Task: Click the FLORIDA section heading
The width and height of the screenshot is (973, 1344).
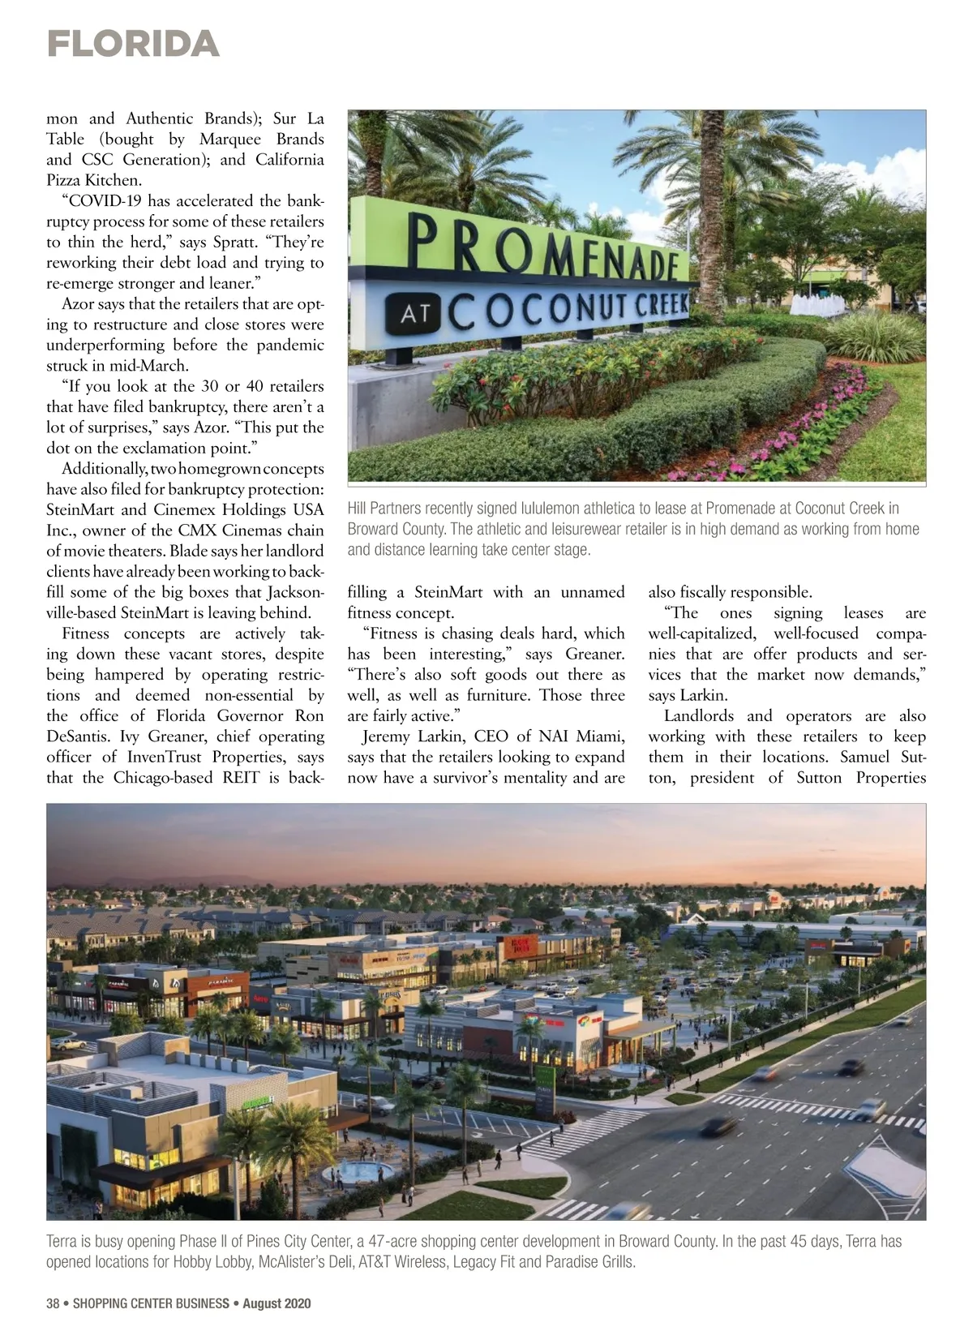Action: pyautogui.click(x=133, y=44)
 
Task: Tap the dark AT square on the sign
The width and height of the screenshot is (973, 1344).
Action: pyautogui.click(x=414, y=315)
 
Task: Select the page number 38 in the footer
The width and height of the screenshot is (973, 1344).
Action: pyautogui.click(x=53, y=1303)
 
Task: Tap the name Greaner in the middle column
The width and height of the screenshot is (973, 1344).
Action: pyautogui.click(x=595, y=654)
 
